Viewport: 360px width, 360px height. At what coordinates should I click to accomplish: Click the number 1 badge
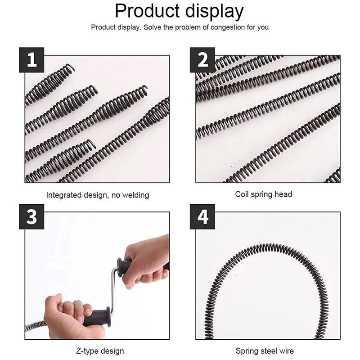pyautogui.click(x=31, y=60)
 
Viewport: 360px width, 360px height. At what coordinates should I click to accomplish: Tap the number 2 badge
pyautogui.click(x=202, y=60)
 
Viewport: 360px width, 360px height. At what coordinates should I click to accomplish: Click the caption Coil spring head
pyautogui.click(x=263, y=194)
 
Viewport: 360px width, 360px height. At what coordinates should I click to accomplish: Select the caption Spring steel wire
pyautogui.click(x=265, y=351)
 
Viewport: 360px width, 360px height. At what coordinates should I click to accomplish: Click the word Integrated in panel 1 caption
pyautogui.click(x=64, y=195)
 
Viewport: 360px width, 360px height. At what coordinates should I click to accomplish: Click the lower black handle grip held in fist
pyautogui.click(x=97, y=317)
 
